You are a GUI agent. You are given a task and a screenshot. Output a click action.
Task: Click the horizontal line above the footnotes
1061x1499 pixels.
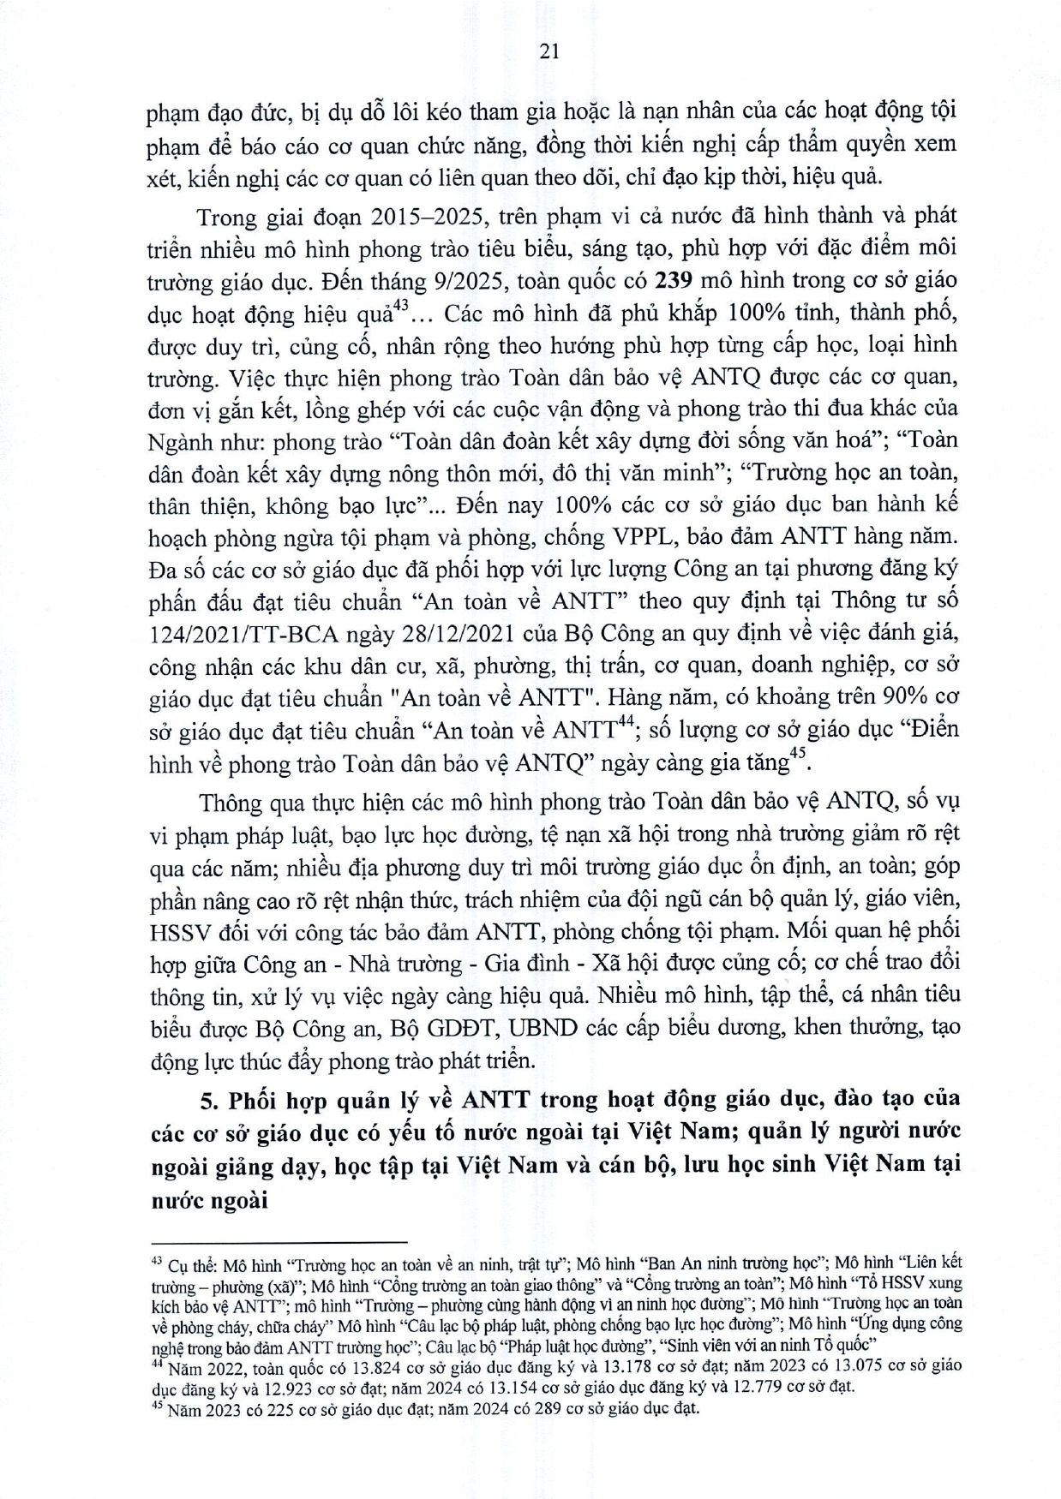coord(278,1241)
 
